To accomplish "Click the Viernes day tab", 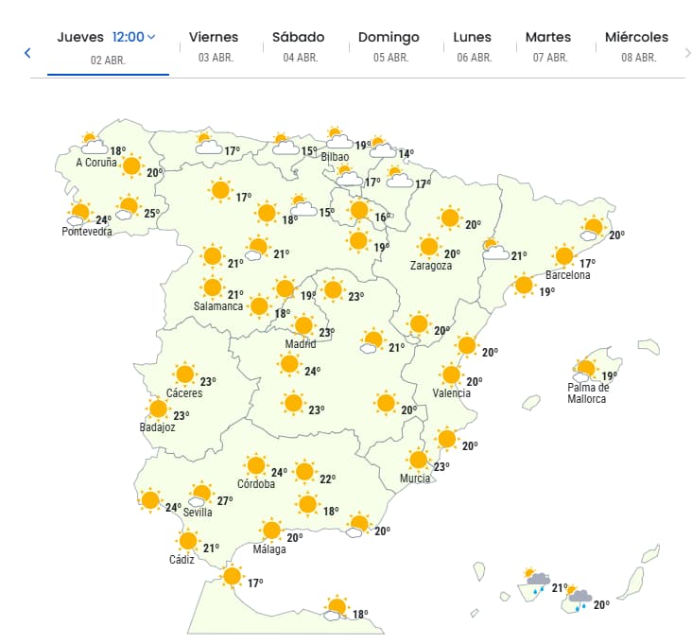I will (x=214, y=45).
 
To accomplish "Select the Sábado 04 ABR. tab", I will (x=298, y=45).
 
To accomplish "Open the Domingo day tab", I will (x=389, y=45).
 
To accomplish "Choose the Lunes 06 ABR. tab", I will (x=473, y=45).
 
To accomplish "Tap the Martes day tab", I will (x=548, y=45).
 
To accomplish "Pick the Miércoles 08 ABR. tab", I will (x=637, y=45).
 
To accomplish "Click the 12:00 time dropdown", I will (x=133, y=38).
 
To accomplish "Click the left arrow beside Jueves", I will (x=27, y=53).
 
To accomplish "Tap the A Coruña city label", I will (x=96, y=163).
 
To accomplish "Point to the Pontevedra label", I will (x=87, y=232).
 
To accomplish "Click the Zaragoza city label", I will (x=430, y=266).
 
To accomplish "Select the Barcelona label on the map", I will (x=567, y=275).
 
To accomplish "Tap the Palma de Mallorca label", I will (x=588, y=392).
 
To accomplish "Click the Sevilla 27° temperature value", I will (x=224, y=500).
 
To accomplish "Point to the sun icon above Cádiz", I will (x=188, y=542).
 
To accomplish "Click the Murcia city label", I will (x=415, y=479).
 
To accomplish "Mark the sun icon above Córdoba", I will (x=254, y=465).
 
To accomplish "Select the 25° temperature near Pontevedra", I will (x=150, y=213).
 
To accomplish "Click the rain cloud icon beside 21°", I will (x=537, y=581).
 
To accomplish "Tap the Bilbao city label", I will (x=336, y=157).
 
